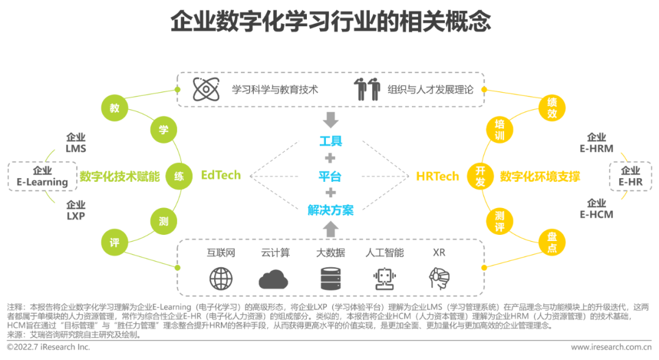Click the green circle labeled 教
(114, 109)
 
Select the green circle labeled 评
(114, 243)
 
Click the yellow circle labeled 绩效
(552, 108)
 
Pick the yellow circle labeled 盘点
(552, 243)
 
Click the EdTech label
(221, 176)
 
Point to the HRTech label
(437, 176)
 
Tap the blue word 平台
(330, 177)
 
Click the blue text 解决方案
(330, 211)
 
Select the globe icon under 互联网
(221, 278)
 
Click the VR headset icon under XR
(439, 278)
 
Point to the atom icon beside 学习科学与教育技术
(206, 89)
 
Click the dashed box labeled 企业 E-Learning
(42, 176)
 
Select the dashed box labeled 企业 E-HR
(630, 176)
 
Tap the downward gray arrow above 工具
(330, 119)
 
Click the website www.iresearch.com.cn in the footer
(611, 347)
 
